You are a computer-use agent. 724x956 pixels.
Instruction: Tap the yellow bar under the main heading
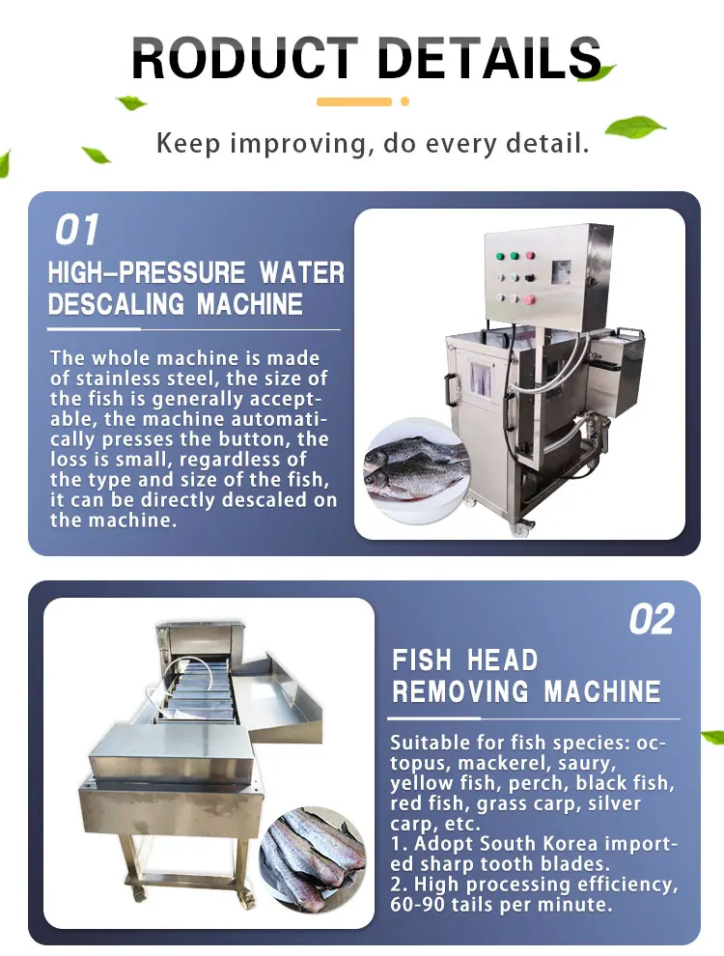pyautogui.click(x=353, y=101)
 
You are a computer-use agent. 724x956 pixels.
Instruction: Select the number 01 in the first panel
pyautogui.click(x=77, y=232)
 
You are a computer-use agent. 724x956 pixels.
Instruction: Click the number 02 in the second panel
pyautogui.click(x=651, y=620)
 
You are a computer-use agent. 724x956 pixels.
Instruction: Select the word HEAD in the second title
pyautogui.click(x=501, y=661)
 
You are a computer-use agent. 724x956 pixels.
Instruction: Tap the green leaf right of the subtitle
pyautogui.click(x=634, y=127)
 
